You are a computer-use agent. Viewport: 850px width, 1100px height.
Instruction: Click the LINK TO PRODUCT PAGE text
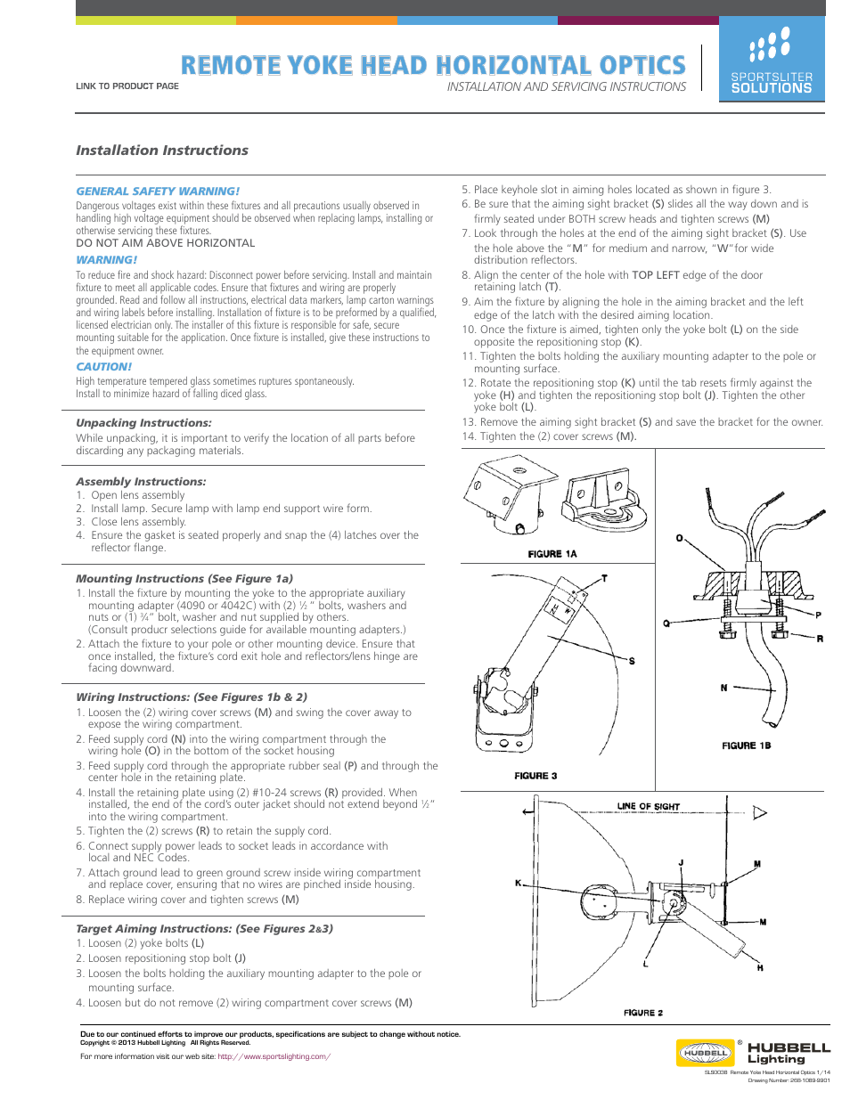(127, 86)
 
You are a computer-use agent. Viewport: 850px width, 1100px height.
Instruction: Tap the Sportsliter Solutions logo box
(772, 61)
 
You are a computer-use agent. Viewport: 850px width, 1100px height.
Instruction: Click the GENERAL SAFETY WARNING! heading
(158, 191)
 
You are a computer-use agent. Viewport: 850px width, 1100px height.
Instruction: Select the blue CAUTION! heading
(103, 367)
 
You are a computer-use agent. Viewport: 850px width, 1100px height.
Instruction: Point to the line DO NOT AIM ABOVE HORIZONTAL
(165, 243)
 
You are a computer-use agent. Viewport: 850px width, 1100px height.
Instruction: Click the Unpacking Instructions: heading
(143, 423)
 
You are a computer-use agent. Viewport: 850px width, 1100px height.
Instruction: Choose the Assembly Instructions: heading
(141, 482)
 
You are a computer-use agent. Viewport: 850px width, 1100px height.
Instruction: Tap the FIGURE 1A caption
(552, 554)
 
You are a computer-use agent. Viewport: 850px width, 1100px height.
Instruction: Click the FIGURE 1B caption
(746, 746)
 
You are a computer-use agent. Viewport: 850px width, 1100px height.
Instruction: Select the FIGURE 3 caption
(535, 776)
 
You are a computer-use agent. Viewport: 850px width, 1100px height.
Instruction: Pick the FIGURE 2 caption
(642, 1013)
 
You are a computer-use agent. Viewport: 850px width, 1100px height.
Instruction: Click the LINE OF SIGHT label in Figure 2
(648, 807)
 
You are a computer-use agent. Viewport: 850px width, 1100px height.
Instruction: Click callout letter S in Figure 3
(632, 661)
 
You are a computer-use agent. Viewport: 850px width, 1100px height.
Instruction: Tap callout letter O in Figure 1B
(679, 539)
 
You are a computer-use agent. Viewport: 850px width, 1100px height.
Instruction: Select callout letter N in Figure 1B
(723, 688)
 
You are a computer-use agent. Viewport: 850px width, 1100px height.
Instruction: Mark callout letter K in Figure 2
(518, 883)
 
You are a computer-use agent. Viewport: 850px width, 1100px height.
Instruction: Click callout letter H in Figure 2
(760, 967)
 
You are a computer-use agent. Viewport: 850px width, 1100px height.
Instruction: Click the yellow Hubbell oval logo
(705, 1053)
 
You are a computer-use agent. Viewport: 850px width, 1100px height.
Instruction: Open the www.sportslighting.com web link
(274, 1057)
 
